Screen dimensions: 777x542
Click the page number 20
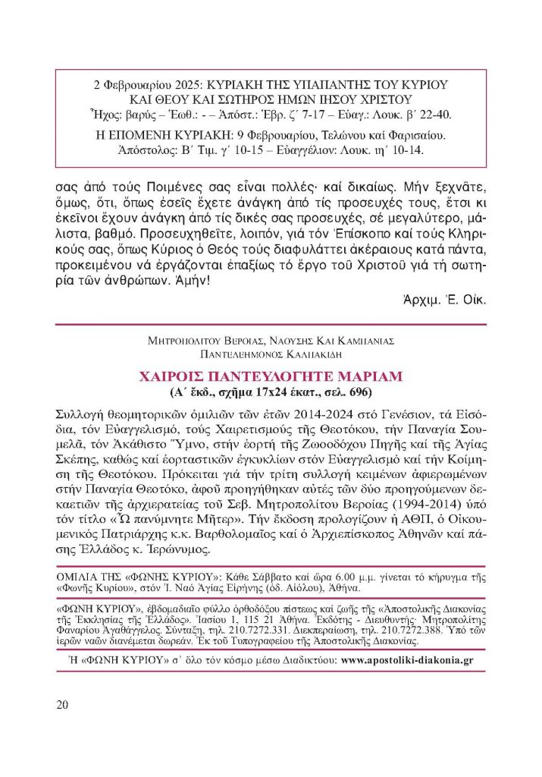click(x=62, y=704)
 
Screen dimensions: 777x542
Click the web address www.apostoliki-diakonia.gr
click(x=408, y=660)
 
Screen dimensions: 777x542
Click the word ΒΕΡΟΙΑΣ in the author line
click(x=238, y=341)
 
